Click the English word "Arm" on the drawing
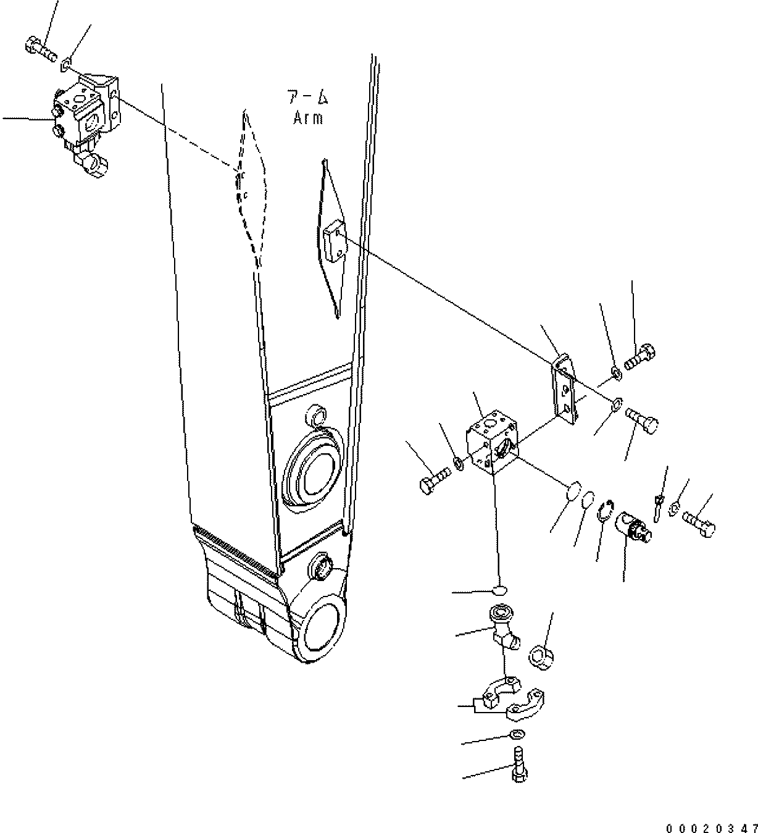point(307,117)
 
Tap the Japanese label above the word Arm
point(307,97)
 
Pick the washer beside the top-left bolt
point(68,61)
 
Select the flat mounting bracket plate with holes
point(565,390)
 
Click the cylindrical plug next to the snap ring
point(633,527)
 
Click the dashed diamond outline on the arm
point(252,185)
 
